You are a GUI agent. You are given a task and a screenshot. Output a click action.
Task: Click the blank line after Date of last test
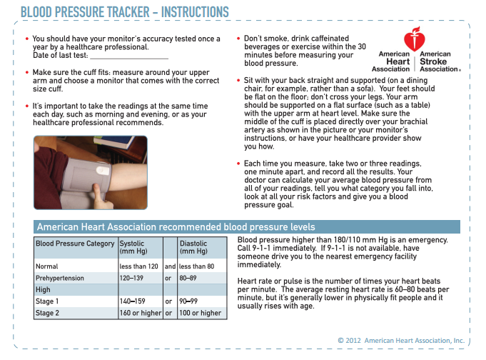129,59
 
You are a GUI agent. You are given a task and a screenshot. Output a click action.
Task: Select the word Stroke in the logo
433,61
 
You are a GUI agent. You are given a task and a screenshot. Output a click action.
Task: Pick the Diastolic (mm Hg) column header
193,247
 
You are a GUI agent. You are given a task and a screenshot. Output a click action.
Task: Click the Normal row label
47,266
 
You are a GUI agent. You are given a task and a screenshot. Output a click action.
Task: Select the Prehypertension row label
60,278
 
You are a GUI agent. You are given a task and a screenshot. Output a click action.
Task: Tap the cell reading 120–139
131,278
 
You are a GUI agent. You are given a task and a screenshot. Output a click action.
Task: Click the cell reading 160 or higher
141,313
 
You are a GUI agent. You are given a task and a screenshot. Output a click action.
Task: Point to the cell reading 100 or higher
201,313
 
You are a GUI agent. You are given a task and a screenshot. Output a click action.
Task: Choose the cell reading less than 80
196,266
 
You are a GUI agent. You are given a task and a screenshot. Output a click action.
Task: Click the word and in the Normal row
170,266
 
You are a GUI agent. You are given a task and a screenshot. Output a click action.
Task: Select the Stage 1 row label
47,301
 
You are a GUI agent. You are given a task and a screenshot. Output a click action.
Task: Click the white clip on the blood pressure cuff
103,170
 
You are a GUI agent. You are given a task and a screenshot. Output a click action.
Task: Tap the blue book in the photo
113,141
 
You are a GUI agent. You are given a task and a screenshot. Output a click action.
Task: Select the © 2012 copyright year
349,341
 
